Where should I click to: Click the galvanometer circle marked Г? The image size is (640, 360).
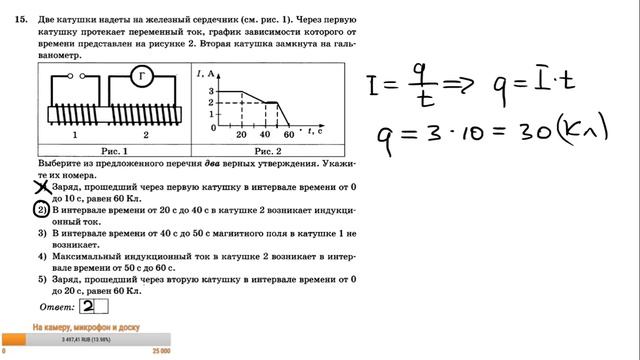tap(140, 76)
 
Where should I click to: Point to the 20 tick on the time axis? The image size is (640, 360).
tap(241, 134)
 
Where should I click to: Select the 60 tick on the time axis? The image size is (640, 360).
tap(289, 134)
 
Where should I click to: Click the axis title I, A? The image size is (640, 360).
tap(208, 70)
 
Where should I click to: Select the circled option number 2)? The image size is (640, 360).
tap(41, 211)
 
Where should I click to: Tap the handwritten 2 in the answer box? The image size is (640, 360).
tap(89, 306)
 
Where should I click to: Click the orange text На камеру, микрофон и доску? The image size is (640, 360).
tap(85, 328)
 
